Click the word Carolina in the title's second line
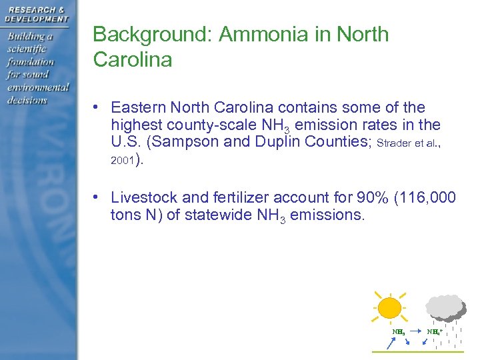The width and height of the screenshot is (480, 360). [133, 59]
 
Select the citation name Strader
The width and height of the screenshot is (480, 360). [397, 143]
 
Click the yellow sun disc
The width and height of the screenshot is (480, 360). [389, 309]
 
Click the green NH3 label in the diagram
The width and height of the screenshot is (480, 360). [398, 331]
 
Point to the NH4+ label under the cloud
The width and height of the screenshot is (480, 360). [434, 331]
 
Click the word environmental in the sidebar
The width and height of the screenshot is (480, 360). [38, 87]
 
